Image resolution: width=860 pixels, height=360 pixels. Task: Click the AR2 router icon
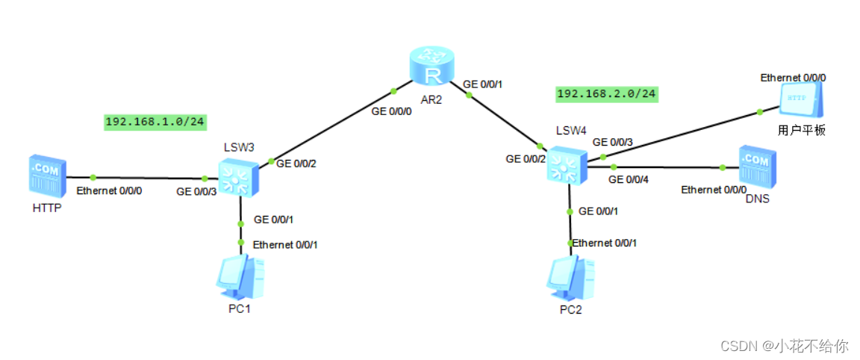(x=431, y=66)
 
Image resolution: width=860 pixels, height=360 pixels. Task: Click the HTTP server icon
(x=47, y=177)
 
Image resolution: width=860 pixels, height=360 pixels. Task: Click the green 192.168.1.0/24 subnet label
(x=155, y=122)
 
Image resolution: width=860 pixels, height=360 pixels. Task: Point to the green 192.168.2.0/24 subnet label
(x=606, y=93)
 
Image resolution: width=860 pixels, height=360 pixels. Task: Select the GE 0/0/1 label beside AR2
(x=483, y=84)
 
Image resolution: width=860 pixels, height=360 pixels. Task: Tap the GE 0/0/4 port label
(x=629, y=179)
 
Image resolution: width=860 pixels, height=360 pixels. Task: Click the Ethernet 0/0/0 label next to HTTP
(x=109, y=190)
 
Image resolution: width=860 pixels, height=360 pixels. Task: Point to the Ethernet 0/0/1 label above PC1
(x=290, y=244)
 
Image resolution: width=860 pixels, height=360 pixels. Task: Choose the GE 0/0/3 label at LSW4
(x=613, y=141)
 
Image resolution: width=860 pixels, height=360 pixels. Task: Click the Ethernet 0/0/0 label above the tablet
(x=793, y=78)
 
